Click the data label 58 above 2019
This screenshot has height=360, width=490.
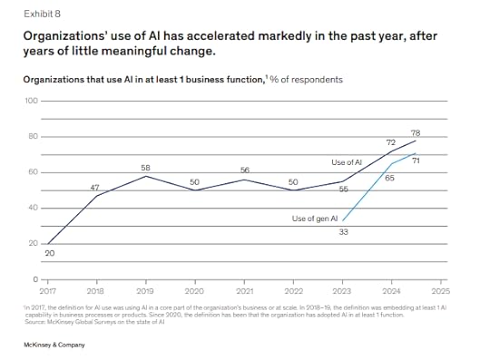pyautogui.click(x=145, y=168)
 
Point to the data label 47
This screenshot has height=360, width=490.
pyautogui.click(x=95, y=187)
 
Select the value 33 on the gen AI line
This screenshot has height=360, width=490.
pyautogui.click(x=342, y=233)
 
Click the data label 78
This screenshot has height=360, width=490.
pyautogui.click(x=415, y=133)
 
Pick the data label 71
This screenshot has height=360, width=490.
pyautogui.click(x=415, y=161)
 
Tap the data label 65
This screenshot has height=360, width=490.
pyautogui.click(x=390, y=179)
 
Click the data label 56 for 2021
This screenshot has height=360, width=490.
pyautogui.click(x=245, y=170)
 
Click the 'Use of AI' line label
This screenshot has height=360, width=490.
pyautogui.click(x=348, y=161)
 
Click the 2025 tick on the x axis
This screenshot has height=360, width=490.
pyautogui.click(x=441, y=291)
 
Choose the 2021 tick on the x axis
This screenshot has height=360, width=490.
pyautogui.click(x=244, y=291)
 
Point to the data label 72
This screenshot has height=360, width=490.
pyautogui.click(x=390, y=143)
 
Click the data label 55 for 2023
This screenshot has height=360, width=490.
pyautogui.click(x=343, y=189)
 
